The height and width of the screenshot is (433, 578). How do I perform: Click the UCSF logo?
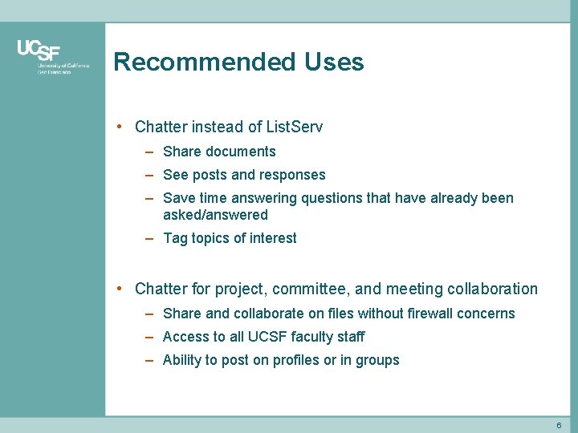(39, 52)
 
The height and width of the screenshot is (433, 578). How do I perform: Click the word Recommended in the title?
(205, 62)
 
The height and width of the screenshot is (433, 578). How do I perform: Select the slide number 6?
(559, 425)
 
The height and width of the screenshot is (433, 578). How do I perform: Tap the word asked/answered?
(215, 215)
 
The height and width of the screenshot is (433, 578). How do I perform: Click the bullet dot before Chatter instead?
(119, 127)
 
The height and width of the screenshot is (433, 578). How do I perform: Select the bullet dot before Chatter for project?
(119, 289)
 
